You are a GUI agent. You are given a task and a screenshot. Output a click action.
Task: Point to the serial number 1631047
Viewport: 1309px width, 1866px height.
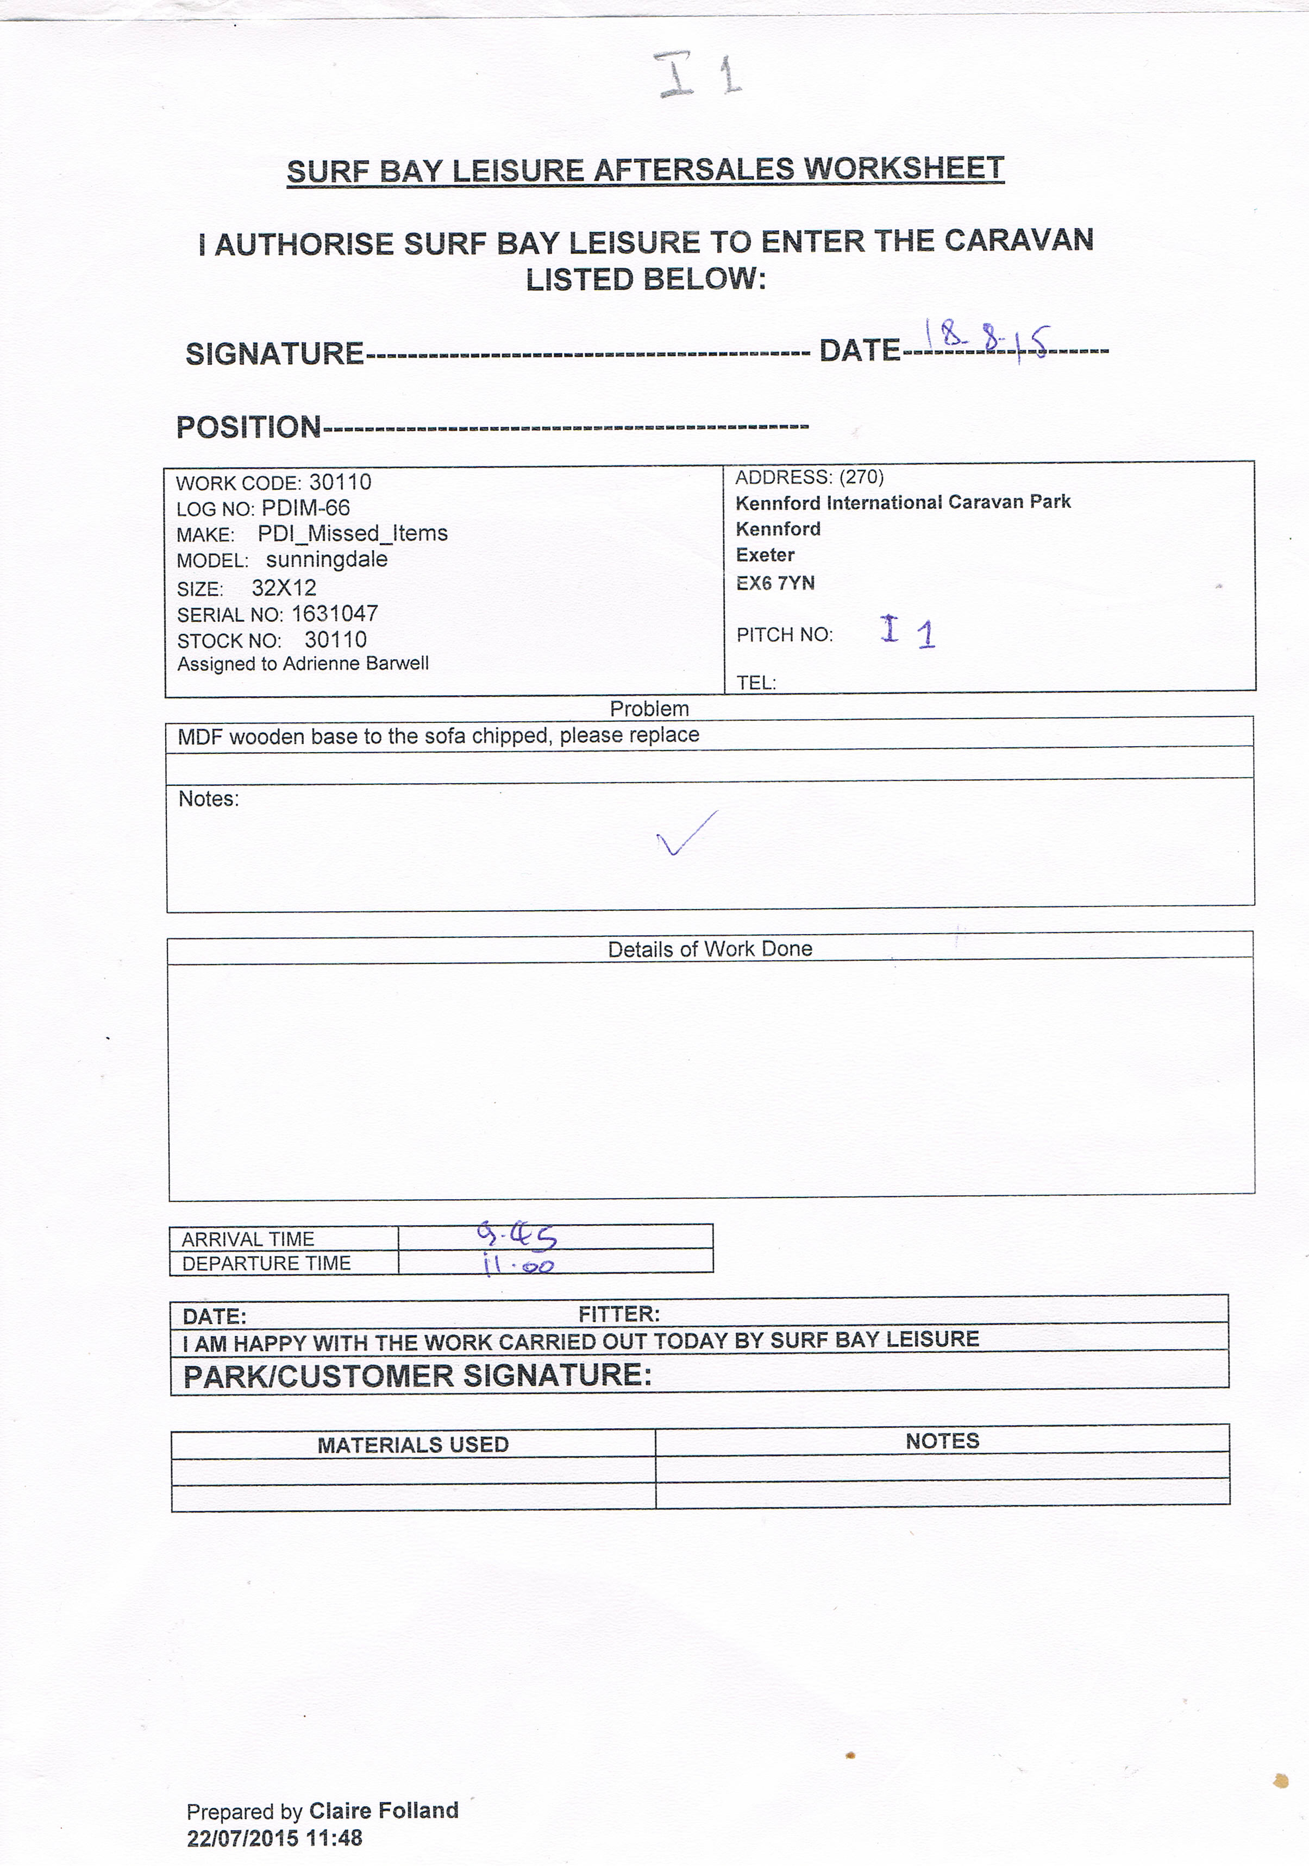point(334,614)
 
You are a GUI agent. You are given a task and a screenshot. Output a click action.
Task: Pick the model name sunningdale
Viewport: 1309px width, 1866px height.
point(327,559)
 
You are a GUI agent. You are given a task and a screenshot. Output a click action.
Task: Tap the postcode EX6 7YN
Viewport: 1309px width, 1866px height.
point(775,583)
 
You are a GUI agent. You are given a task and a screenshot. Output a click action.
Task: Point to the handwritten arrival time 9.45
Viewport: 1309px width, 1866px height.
point(516,1235)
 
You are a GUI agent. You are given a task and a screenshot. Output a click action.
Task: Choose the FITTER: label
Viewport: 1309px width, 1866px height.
point(619,1314)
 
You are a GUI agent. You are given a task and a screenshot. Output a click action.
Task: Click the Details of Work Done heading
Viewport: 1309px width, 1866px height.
point(710,948)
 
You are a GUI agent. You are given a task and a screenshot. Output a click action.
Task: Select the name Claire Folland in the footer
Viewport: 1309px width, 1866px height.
point(384,1810)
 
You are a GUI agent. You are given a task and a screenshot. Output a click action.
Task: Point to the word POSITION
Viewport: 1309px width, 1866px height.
point(249,427)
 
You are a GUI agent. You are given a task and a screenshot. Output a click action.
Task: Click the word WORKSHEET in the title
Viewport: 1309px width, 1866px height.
point(904,168)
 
